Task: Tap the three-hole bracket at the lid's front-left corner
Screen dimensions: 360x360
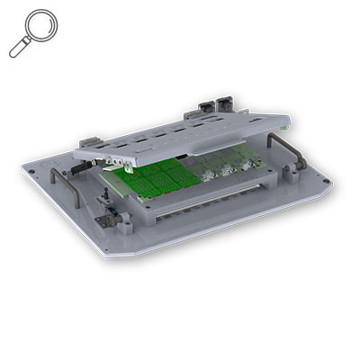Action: (112, 155)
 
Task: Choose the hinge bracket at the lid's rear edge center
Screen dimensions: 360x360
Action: (193, 117)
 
